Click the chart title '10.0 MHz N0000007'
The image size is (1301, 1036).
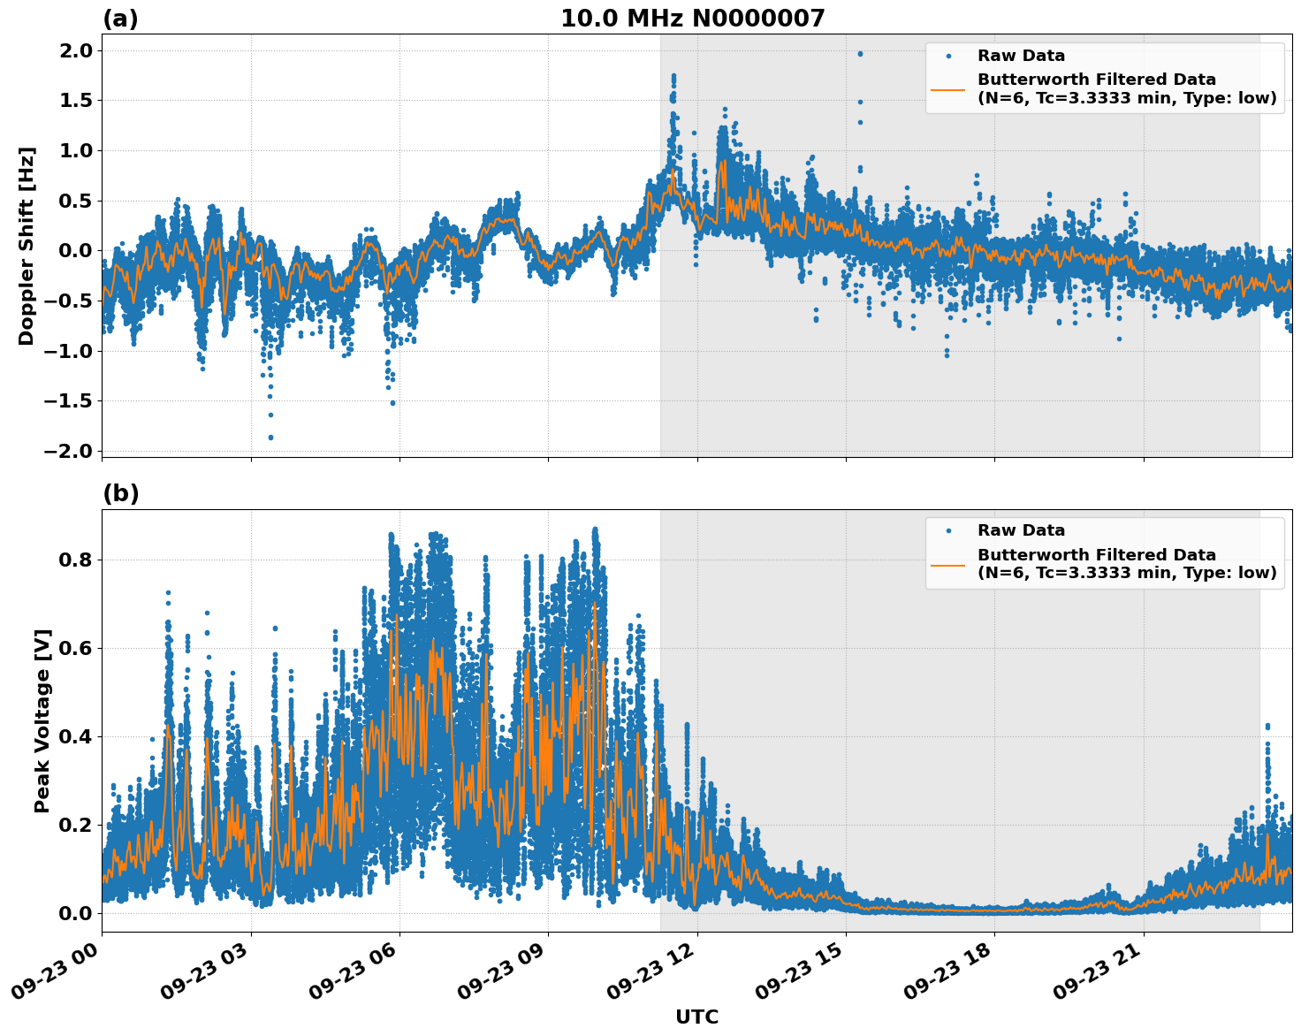pos(692,19)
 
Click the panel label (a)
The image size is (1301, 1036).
pos(120,19)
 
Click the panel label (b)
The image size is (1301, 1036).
pos(120,493)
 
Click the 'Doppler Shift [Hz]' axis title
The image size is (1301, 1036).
pos(27,246)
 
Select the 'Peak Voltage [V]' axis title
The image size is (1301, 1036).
pos(42,720)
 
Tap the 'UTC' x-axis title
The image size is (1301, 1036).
pos(696,1017)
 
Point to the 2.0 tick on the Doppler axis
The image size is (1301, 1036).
pos(77,50)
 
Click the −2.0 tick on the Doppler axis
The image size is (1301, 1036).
pos(69,451)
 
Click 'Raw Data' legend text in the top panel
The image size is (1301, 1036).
pos(1021,56)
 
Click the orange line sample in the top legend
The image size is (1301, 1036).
pos(947,89)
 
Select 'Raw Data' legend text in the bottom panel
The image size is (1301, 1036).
pos(1021,530)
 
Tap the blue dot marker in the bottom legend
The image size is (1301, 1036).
pos(947,530)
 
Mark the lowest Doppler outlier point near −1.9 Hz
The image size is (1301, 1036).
pos(270,438)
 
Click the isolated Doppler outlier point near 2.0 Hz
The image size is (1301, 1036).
pos(860,54)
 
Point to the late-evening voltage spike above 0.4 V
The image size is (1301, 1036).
pos(1267,727)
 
